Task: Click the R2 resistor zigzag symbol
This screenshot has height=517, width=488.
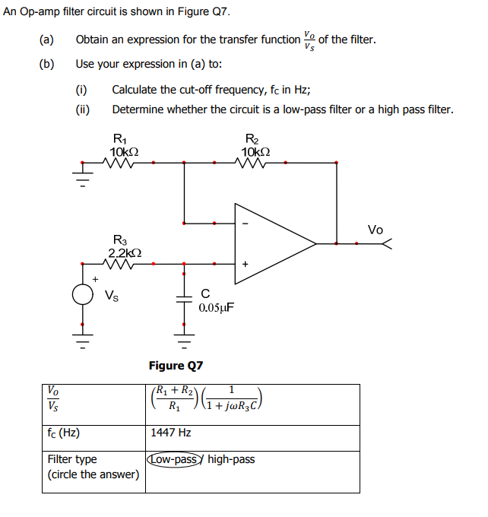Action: pos(252,161)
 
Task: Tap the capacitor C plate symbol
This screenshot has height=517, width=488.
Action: pos(183,297)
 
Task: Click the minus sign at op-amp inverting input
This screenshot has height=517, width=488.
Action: pos(245,224)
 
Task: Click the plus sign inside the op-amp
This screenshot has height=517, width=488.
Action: pos(245,264)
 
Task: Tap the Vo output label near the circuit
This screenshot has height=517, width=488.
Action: pos(376,230)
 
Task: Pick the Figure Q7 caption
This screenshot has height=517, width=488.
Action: pos(176,366)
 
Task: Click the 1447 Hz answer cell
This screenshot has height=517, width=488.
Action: pos(171,433)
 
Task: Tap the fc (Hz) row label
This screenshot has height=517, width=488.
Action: pos(64,433)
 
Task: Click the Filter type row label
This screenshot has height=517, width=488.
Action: pos(72,459)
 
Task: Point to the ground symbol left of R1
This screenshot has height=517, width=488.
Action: pos(84,176)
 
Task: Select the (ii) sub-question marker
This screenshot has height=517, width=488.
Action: pos(83,109)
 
